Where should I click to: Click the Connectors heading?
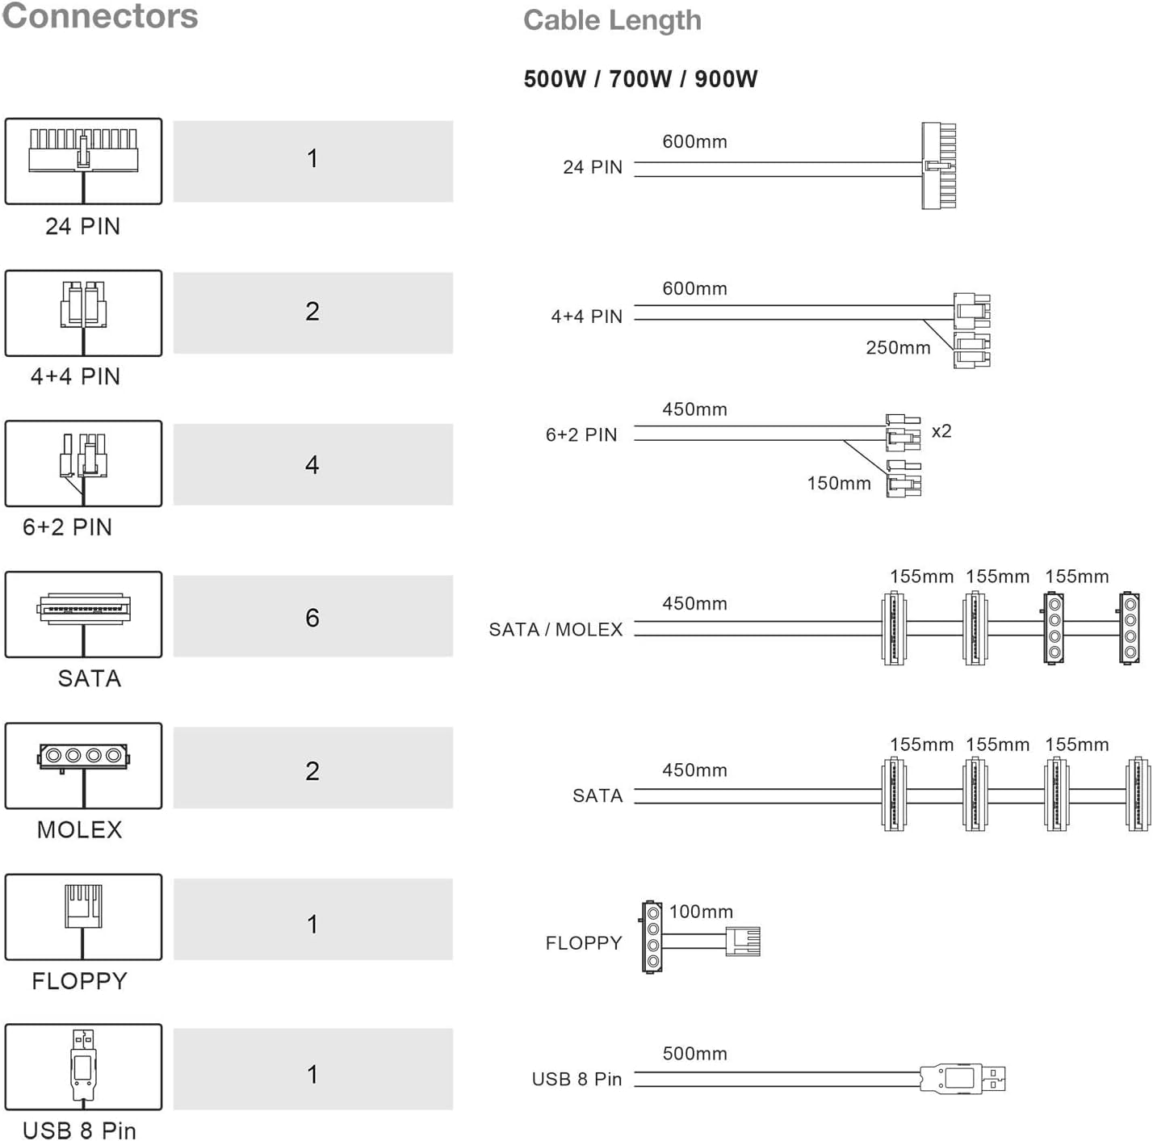100,16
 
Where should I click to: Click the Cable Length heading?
612,21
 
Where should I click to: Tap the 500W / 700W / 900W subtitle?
640,79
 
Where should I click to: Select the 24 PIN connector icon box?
83,161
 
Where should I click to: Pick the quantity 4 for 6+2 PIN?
312,464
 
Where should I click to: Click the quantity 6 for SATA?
312,617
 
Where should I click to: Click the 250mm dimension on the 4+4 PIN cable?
898,348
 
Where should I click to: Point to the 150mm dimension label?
839,484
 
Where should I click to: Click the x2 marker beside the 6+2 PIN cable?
941,431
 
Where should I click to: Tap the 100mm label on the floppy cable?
701,912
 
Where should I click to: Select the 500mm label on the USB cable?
694,1054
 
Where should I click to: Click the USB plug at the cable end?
963,1079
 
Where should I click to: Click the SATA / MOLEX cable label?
556,630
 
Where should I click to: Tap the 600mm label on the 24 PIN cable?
694,142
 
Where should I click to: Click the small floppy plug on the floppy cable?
743,942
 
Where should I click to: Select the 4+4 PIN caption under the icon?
75,376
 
